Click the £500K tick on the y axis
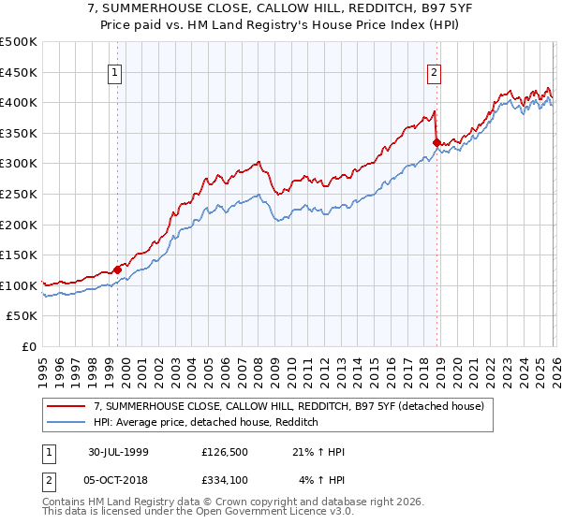(19, 42)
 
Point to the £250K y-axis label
(19, 194)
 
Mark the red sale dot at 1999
(118, 269)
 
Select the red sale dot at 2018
(436, 142)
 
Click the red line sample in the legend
(67, 406)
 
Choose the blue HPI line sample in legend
(67, 422)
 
